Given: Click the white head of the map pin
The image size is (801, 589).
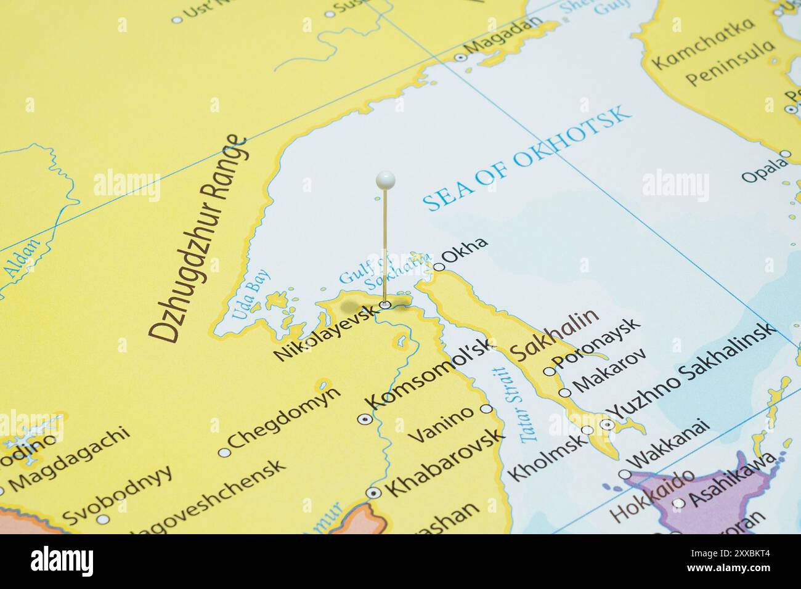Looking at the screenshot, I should tap(385, 179).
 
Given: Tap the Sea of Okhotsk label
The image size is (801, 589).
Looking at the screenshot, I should tap(529, 159).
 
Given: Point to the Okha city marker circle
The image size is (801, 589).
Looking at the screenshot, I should tap(439, 267).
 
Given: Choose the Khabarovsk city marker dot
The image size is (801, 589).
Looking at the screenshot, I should tap(373, 493).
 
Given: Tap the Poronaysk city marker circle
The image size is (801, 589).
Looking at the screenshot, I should tap(548, 372).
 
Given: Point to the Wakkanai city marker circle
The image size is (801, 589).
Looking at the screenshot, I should tap(625, 474).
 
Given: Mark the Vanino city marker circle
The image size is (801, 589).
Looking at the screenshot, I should tap(486, 408).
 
